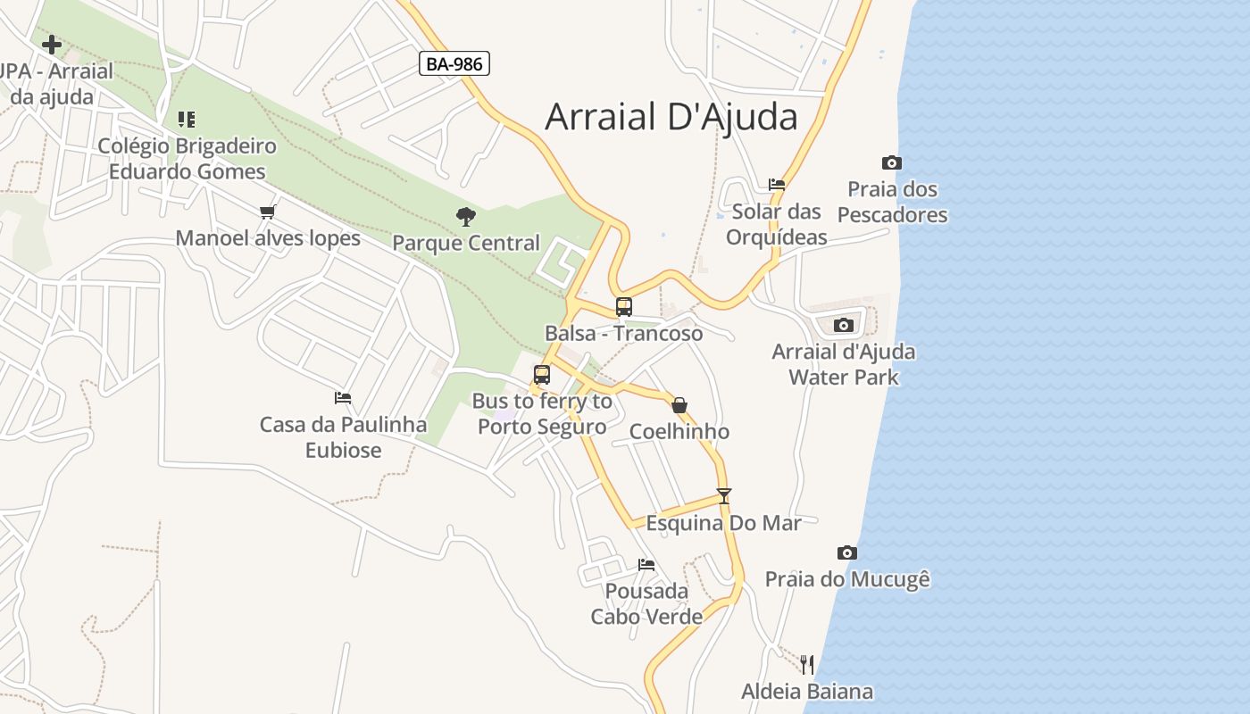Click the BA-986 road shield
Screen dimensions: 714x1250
(x=454, y=63)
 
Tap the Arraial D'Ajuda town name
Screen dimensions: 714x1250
(x=671, y=117)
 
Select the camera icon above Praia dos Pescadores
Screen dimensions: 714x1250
(x=891, y=162)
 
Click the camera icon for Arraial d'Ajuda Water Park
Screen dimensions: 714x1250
(x=844, y=325)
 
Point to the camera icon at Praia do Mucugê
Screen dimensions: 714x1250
(x=847, y=552)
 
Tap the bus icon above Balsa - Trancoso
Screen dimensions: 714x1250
(x=624, y=307)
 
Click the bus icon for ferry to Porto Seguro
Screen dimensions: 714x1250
(x=542, y=375)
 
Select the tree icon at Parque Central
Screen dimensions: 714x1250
(x=465, y=216)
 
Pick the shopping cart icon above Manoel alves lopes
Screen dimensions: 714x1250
(x=267, y=212)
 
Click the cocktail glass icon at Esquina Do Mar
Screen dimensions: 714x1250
(x=724, y=496)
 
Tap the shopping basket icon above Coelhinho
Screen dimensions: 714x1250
(x=679, y=405)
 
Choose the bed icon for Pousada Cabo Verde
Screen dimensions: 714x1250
(x=646, y=564)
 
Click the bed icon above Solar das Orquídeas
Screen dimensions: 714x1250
(x=777, y=185)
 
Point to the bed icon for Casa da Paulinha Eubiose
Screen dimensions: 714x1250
(x=343, y=398)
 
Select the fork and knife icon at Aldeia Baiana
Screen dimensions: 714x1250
(x=807, y=664)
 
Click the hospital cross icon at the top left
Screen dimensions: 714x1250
(x=52, y=44)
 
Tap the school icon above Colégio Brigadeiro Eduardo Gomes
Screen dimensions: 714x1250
(x=187, y=119)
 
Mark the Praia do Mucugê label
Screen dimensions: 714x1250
(x=847, y=579)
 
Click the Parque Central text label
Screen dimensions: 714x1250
(x=466, y=243)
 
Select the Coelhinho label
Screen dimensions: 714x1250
(x=679, y=432)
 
